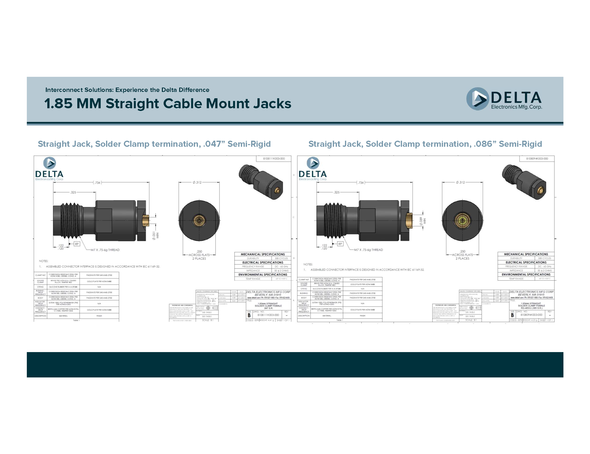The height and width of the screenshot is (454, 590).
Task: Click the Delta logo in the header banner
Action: click(504, 99)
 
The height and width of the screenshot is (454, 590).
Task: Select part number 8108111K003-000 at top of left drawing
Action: click(274, 159)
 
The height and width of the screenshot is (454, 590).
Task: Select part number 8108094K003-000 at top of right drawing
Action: click(537, 159)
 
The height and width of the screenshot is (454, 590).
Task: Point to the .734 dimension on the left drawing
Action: click(97, 183)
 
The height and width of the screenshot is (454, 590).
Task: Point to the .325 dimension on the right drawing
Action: click(337, 192)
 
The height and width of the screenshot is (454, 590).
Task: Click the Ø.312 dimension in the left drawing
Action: click(197, 182)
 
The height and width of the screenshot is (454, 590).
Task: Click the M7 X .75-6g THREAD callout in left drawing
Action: click(105, 250)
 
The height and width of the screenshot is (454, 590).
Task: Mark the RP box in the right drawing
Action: click(340, 244)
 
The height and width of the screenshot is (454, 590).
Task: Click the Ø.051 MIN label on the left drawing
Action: click(155, 235)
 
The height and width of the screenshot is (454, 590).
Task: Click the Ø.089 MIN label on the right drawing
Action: click(422, 221)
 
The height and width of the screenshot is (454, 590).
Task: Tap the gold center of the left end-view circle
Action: click(199, 220)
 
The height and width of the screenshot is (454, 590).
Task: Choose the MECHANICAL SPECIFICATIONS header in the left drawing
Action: click(263, 254)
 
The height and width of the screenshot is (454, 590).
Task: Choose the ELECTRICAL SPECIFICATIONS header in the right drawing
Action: click(526, 262)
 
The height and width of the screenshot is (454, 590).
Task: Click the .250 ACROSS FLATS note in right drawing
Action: click(462, 255)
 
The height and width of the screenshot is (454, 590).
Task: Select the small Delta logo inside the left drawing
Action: click(49, 169)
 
